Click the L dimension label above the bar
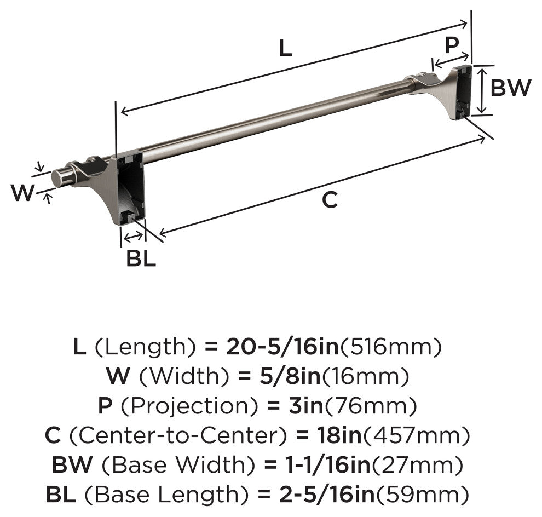pyautogui.click(x=286, y=48)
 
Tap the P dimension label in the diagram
pyautogui.click(x=452, y=45)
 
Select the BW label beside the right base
pyautogui.click(x=511, y=88)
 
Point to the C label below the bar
pyautogui.click(x=330, y=199)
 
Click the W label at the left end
pyautogui.click(x=23, y=193)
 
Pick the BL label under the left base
pyautogui.click(x=141, y=258)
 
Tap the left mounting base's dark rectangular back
pyautogui.click(x=131, y=187)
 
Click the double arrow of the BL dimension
pyautogui.click(x=133, y=237)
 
